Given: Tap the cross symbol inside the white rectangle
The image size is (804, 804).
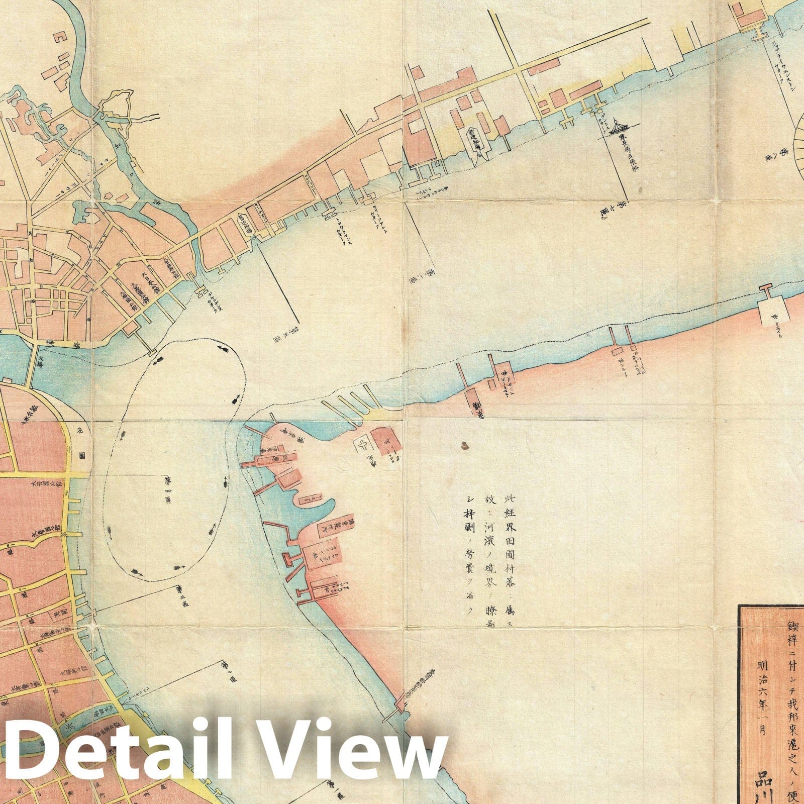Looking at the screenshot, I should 363,445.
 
